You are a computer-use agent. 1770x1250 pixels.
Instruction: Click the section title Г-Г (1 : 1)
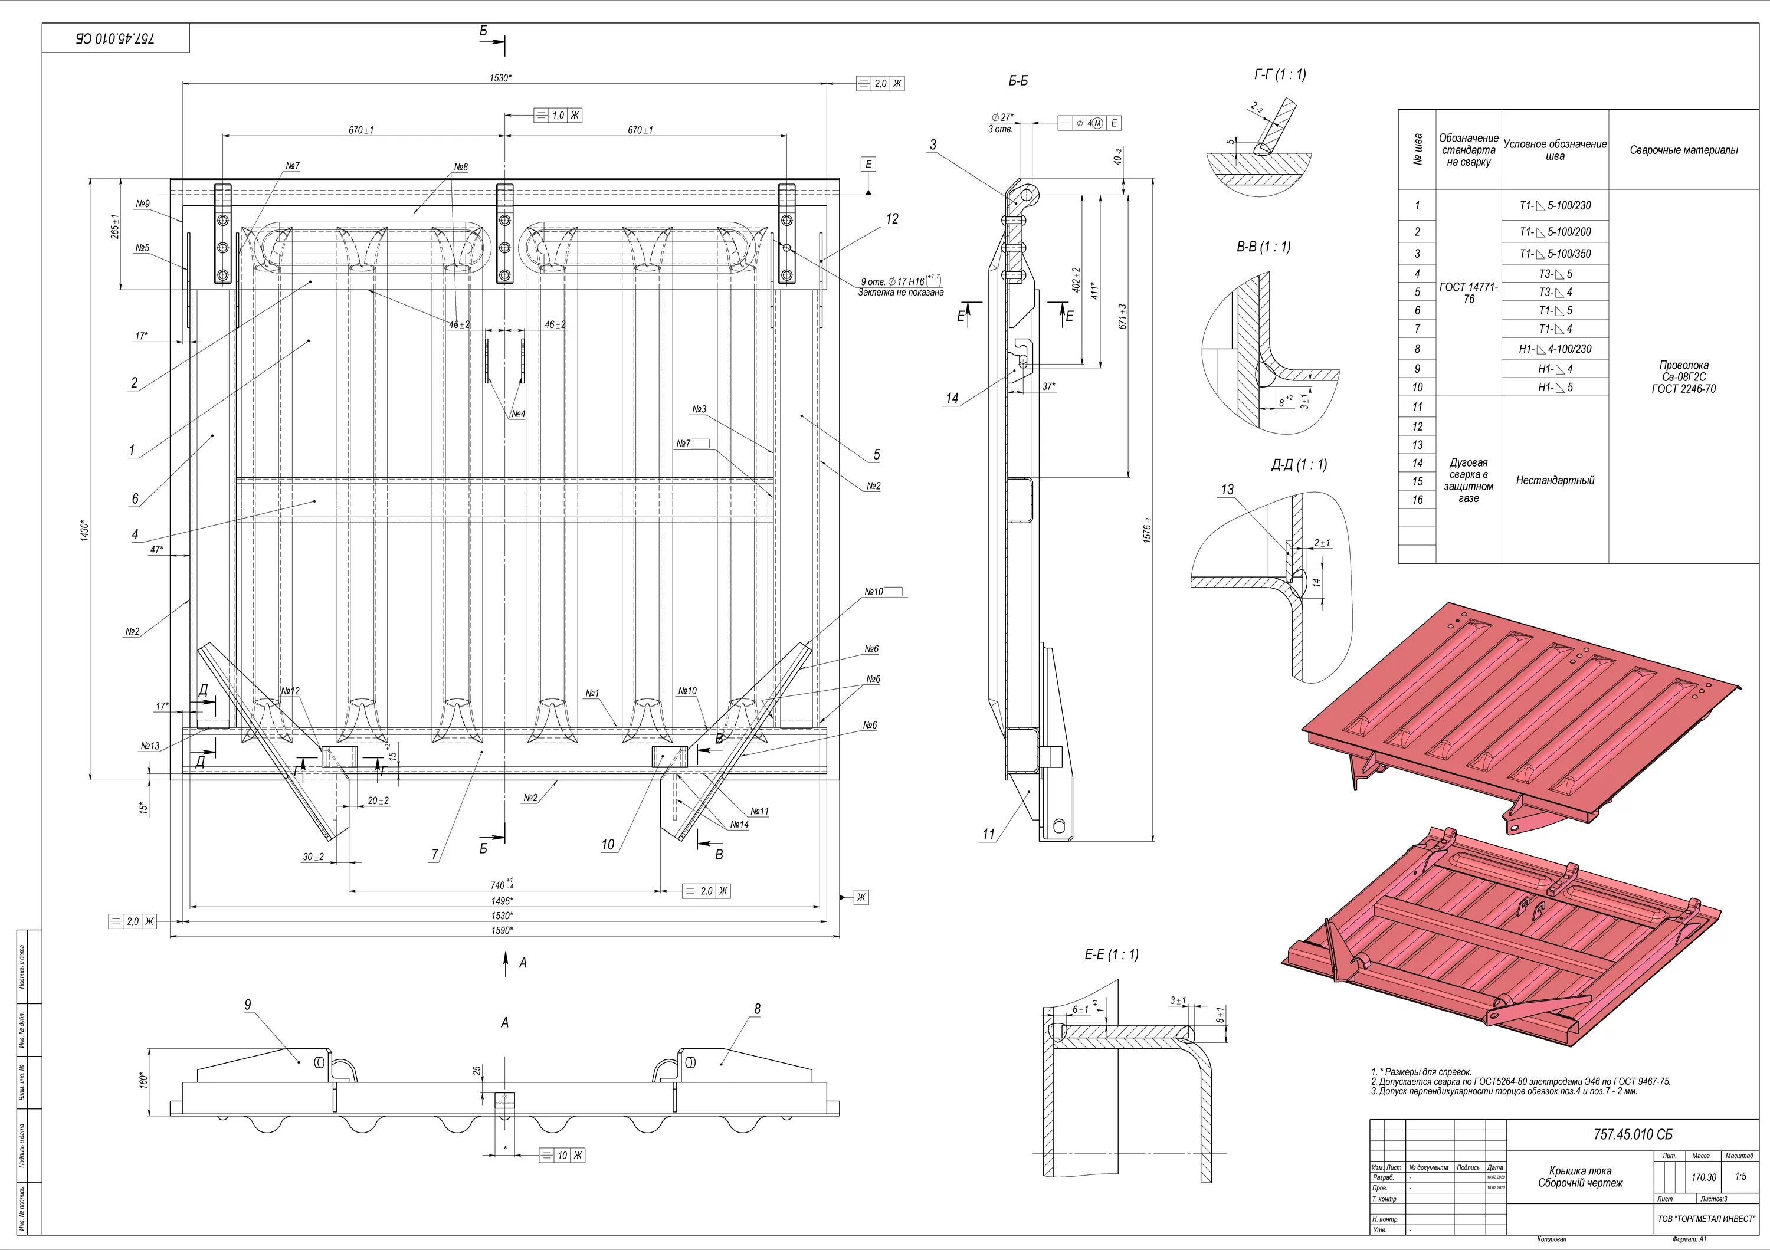coord(1279,75)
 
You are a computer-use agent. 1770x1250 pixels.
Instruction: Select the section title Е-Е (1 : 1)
coord(1111,955)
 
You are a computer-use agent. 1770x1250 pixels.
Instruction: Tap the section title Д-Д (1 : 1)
coord(1299,465)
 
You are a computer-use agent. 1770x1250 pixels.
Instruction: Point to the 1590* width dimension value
coord(502,930)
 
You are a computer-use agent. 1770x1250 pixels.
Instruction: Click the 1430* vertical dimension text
coord(85,530)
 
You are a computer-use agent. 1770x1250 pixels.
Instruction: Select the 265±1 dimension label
coord(115,227)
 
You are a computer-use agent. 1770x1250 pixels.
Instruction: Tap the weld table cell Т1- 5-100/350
coord(1555,254)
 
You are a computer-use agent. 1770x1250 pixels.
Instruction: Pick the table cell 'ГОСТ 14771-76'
coord(1469,293)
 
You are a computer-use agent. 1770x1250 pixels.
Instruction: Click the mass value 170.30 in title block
coord(1704,1177)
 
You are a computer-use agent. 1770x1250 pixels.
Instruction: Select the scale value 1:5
coord(1740,1177)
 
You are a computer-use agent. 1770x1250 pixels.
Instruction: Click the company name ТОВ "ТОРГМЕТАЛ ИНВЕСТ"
coord(1706,1219)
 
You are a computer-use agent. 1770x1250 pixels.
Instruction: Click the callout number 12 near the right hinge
coord(892,219)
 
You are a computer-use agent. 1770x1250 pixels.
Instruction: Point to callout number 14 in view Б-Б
coord(952,398)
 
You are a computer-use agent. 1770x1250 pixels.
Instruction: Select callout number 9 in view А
coord(247,1005)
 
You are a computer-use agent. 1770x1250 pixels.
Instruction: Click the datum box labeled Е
coord(869,164)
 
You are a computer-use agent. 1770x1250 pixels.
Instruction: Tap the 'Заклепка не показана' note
coord(900,293)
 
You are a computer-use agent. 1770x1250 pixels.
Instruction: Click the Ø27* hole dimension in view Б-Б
coord(1002,118)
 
